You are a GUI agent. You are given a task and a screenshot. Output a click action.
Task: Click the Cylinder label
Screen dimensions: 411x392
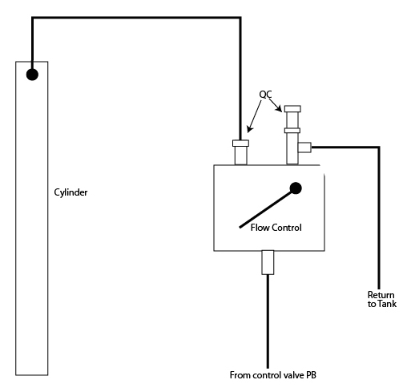pos(71,192)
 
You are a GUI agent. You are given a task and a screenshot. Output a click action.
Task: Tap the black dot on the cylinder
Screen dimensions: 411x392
pos(32,75)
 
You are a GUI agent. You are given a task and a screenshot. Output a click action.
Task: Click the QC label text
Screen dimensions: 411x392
pos(265,95)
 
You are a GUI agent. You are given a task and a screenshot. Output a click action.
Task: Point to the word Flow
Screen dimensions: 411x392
pos(260,228)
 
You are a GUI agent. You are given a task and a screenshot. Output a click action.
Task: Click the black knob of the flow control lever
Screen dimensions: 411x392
pos(296,188)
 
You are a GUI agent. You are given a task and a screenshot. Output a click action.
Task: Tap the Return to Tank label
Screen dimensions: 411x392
pos(382,299)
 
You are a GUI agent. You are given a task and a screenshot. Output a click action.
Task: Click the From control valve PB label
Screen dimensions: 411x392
pos(273,375)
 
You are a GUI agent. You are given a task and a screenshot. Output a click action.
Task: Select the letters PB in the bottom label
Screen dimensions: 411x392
pos(311,375)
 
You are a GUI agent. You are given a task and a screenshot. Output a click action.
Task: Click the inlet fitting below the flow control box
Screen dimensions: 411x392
pos(268,262)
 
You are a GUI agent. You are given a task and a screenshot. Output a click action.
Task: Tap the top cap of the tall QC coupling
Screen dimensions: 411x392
pos(292,109)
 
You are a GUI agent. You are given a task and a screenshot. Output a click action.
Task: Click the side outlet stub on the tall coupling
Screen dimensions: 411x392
pos(304,148)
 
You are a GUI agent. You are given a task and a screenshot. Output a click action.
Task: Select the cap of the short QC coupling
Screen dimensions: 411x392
pos(240,143)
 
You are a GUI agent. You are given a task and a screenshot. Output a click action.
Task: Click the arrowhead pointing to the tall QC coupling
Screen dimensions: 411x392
pos(280,109)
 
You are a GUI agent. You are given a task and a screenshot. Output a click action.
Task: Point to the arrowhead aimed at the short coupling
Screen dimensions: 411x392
pos(249,129)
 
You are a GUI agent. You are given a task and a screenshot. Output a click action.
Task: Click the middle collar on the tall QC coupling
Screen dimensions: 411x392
pos(292,131)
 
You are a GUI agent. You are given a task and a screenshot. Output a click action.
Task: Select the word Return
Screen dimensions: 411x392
pos(381,295)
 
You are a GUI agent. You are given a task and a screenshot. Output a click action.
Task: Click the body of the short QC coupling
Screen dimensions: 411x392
pos(240,156)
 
